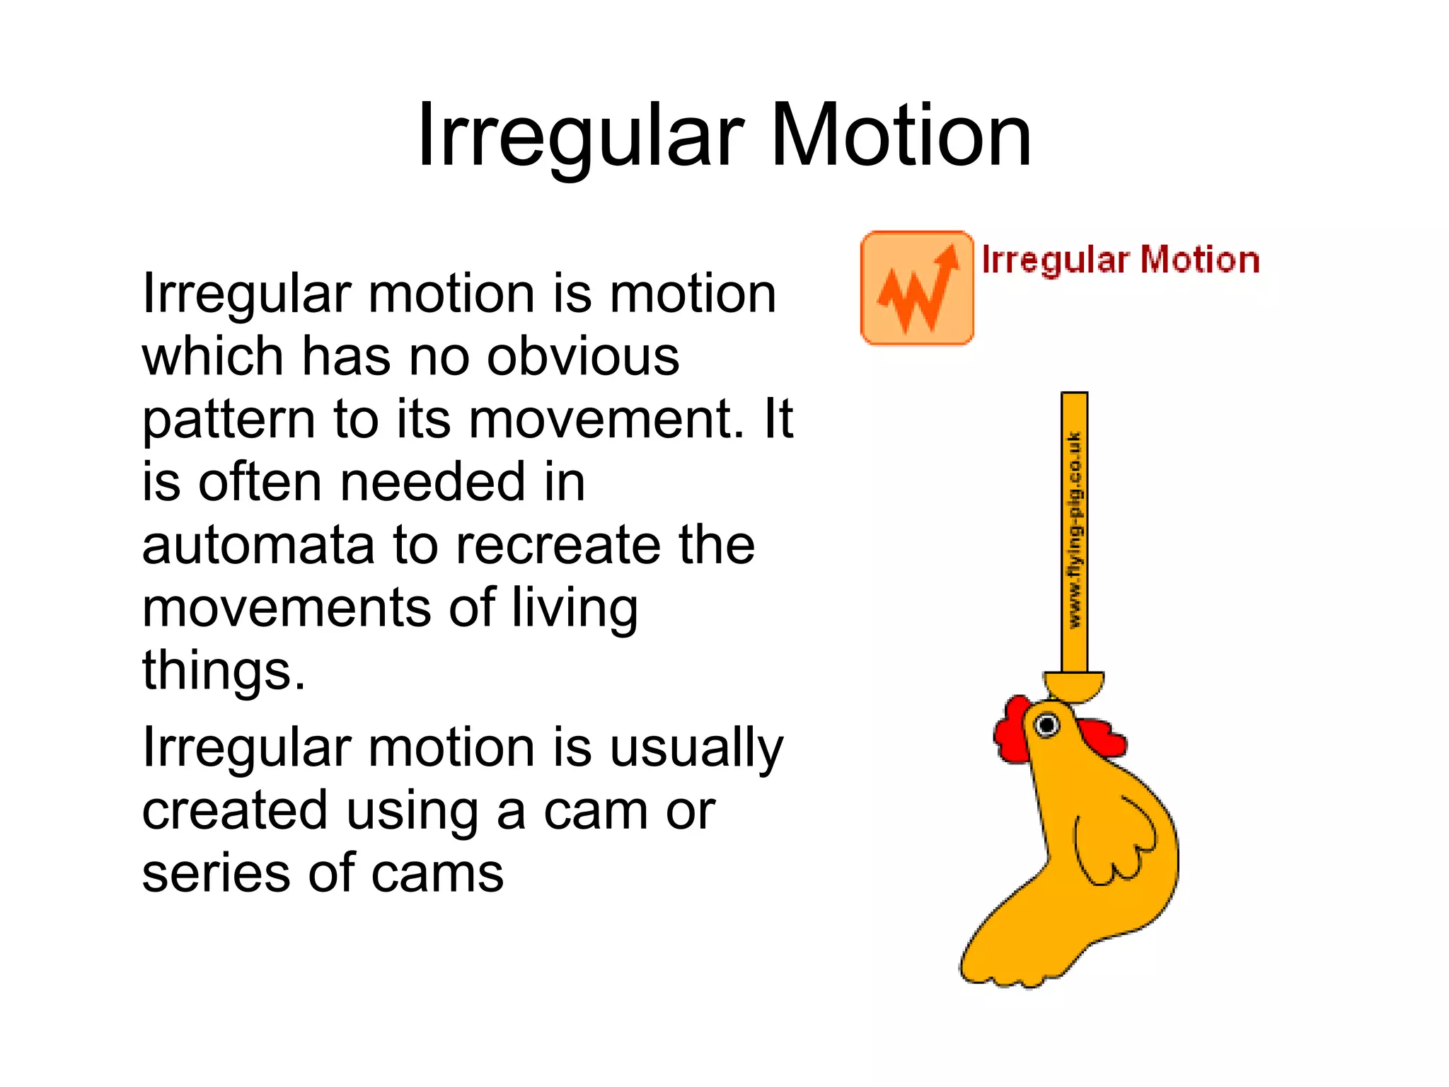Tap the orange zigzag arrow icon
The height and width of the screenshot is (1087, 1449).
click(x=917, y=288)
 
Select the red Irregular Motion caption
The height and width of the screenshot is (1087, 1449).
click(x=1121, y=260)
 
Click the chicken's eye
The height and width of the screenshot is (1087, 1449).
click(x=1046, y=725)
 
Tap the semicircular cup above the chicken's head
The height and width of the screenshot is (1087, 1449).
click(x=1074, y=686)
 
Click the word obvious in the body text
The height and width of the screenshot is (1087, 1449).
click(x=583, y=355)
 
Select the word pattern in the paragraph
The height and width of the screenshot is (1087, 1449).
click(x=228, y=420)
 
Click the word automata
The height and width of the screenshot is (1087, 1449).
click(x=258, y=545)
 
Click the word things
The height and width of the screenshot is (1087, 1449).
click(x=224, y=669)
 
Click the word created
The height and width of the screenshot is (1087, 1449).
click(x=234, y=810)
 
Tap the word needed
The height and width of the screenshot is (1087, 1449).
click(x=434, y=482)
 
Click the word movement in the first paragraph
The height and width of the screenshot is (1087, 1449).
click(x=606, y=419)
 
